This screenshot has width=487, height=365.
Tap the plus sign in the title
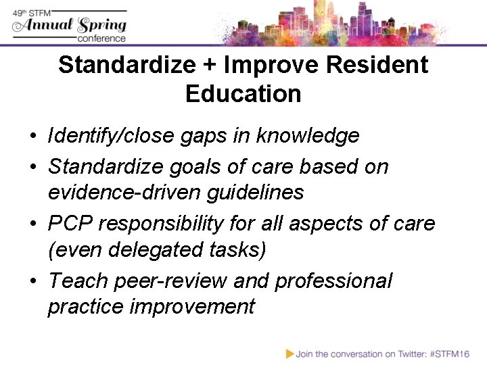pyautogui.click(x=208, y=66)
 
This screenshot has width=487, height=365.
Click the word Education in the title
pyautogui.click(x=243, y=94)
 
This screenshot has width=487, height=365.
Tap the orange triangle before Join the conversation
pyautogui.click(x=289, y=353)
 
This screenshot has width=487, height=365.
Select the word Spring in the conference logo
pyautogui.click(x=101, y=25)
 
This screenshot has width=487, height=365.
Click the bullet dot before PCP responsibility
pyautogui.click(x=32, y=223)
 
